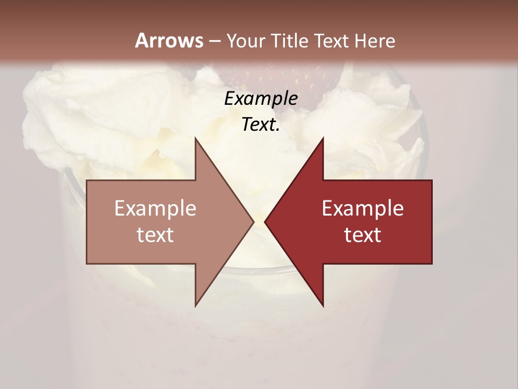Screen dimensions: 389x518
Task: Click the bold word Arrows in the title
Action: pyautogui.click(x=169, y=41)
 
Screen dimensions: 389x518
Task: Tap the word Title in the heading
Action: pyautogui.click(x=291, y=41)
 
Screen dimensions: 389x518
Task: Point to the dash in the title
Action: pyautogui.click(x=214, y=41)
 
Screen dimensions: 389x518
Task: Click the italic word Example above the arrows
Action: pyautogui.click(x=261, y=99)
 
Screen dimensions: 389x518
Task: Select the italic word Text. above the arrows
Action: pyautogui.click(x=261, y=125)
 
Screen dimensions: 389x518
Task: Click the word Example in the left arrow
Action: pyautogui.click(x=155, y=208)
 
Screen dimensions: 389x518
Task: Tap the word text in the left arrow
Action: pyautogui.click(x=155, y=235)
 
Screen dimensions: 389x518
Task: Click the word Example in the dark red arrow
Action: pyautogui.click(x=363, y=208)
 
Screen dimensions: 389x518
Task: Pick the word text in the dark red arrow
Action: pyautogui.click(x=363, y=235)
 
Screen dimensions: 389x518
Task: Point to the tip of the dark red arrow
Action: pyautogui.click(x=265, y=222)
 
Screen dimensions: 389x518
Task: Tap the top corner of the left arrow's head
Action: pyautogui.click(x=195, y=138)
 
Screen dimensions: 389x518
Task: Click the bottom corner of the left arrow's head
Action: pyautogui.click(x=195, y=305)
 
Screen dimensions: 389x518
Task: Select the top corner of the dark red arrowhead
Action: pyautogui.click(x=323, y=138)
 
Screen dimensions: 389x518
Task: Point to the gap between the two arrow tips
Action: pyautogui.click(x=259, y=222)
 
